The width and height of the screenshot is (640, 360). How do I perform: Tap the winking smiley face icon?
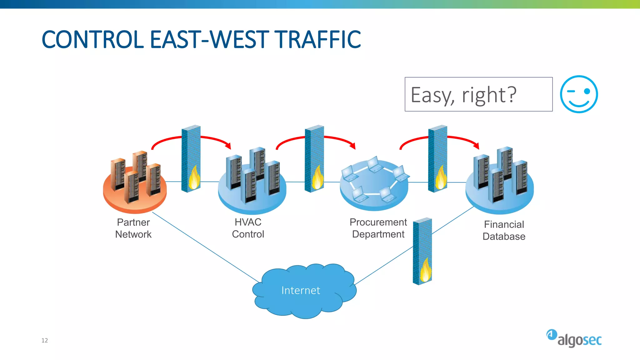click(579, 94)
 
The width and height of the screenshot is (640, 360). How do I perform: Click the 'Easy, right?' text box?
click(478, 94)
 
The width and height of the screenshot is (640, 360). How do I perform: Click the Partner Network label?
click(133, 228)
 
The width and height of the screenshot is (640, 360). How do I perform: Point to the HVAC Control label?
click(248, 228)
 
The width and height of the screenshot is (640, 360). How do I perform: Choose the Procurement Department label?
click(378, 228)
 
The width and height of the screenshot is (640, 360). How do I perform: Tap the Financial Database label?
click(504, 230)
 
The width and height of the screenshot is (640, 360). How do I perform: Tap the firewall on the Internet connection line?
click(422, 251)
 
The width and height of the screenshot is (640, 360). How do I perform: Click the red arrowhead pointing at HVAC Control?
click(228, 146)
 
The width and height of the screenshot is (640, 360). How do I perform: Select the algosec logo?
click(574, 338)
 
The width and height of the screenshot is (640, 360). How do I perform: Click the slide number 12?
click(45, 340)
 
